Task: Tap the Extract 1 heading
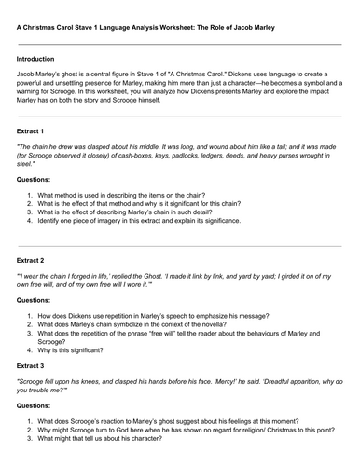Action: tap(33, 130)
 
